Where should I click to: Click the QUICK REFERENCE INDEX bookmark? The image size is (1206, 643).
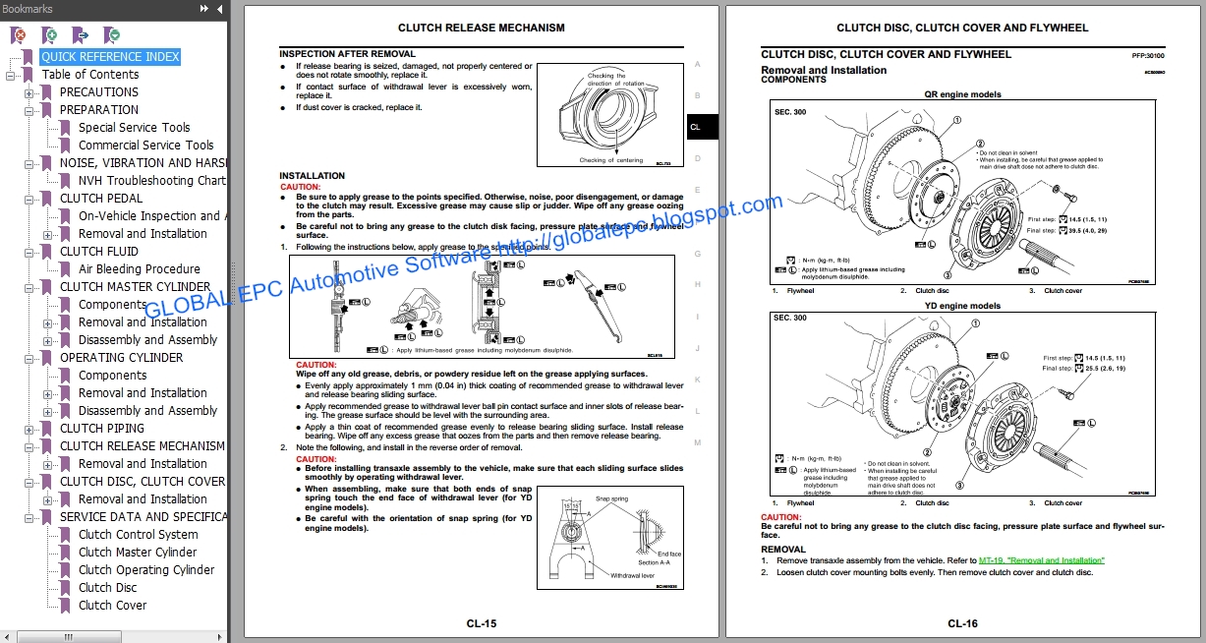pos(110,57)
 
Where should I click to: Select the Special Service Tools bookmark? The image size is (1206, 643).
pos(134,128)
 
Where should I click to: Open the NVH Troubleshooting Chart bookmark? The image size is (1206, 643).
pos(151,181)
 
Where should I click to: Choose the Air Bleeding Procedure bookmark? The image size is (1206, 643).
pos(139,269)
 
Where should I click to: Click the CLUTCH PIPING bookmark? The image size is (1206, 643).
pos(102,429)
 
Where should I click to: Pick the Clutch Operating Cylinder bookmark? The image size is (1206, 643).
pos(146,570)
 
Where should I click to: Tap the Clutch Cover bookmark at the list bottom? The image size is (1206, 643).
pos(112,606)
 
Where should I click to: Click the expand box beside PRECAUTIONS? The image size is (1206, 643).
pos(29,92)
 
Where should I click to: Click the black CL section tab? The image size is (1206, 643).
pos(696,127)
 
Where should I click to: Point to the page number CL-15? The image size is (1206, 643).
pos(482,623)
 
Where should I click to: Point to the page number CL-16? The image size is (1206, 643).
pos(962,623)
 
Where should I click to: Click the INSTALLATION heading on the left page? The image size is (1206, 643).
pos(312,176)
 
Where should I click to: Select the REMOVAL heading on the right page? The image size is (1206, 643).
pos(783,550)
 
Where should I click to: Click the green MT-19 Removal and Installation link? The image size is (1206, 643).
pos(1041,560)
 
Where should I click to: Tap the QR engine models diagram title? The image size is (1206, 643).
pos(962,94)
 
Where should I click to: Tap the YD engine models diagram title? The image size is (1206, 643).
pos(962,306)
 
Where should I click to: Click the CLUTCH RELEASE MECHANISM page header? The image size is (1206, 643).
pos(481,29)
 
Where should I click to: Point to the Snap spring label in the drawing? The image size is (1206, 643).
pos(612,499)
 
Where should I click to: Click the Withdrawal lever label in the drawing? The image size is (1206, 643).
pos(632,575)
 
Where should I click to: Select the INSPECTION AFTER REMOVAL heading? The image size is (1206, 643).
pos(347,54)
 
